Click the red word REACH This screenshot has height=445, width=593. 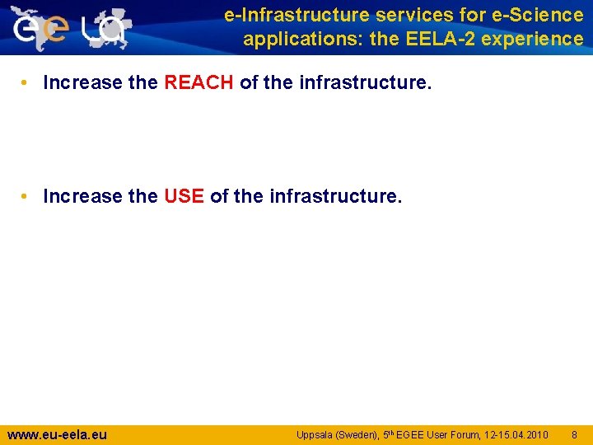coord(199,82)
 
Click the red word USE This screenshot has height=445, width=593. coord(184,196)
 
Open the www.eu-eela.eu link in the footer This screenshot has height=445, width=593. coord(57,434)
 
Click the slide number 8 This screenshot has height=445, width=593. coord(574,435)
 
